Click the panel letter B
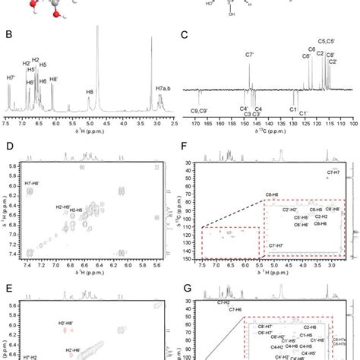10,33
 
